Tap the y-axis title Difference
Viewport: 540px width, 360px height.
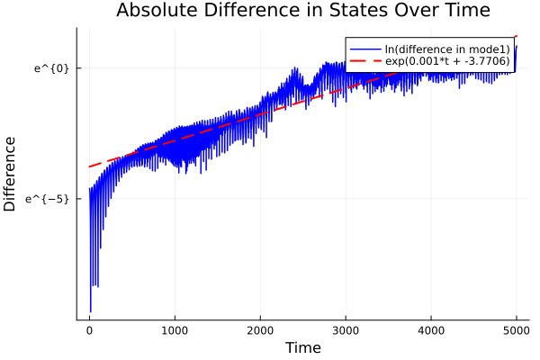10,174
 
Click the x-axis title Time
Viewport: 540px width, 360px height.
302,347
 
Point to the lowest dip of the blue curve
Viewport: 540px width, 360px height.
90,311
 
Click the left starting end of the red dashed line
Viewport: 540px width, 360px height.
89,166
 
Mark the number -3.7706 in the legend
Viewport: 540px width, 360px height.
489,61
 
